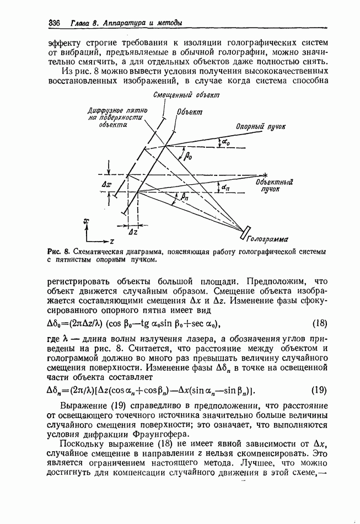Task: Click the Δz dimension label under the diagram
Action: pos(132,232)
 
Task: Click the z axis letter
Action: pos(112,241)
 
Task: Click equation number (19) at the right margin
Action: pos(320,391)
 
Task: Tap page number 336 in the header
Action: pos(55,23)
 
